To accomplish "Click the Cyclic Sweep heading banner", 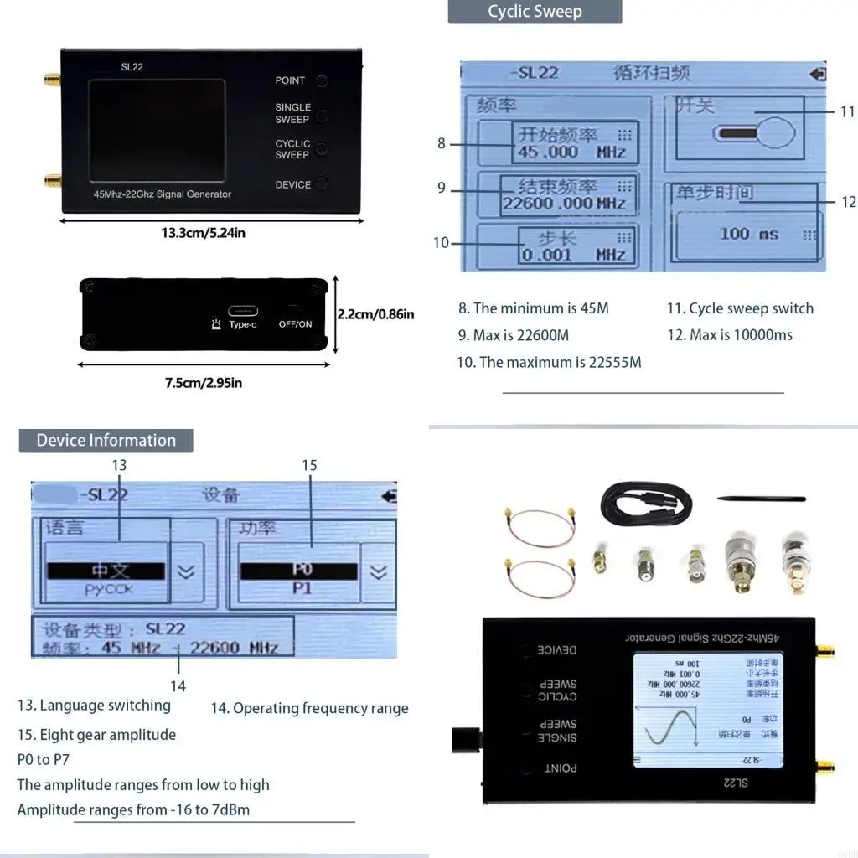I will tap(535, 12).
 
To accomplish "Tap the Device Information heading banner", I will tap(106, 441).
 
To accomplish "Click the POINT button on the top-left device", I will tap(322, 81).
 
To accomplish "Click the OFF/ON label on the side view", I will tap(295, 324).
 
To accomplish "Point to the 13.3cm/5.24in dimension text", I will tap(204, 233).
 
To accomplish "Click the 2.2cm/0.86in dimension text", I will tap(375, 315).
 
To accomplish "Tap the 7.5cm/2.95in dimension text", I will tap(204, 383).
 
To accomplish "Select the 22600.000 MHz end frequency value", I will tap(564, 203).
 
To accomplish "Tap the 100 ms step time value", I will tap(748, 234).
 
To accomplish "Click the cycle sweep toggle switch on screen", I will tap(752, 133).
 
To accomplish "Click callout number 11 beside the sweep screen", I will tap(847, 111).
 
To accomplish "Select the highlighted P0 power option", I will tap(300, 571).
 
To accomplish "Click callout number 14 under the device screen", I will tap(178, 685).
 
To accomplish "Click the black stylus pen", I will tap(761, 499).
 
